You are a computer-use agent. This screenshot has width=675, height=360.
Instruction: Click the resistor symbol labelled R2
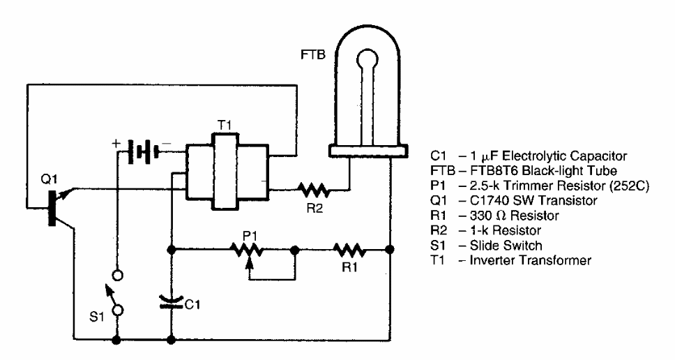click(x=314, y=188)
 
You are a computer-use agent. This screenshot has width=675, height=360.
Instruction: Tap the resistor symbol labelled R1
click(x=349, y=248)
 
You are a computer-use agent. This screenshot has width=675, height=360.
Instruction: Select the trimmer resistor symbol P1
click(x=249, y=248)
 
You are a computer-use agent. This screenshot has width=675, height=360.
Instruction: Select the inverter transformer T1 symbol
click(x=226, y=173)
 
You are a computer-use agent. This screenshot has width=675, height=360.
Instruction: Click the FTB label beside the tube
click(x=311, y=52)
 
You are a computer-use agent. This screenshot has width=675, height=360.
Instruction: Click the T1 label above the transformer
click(x=225, y=122)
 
